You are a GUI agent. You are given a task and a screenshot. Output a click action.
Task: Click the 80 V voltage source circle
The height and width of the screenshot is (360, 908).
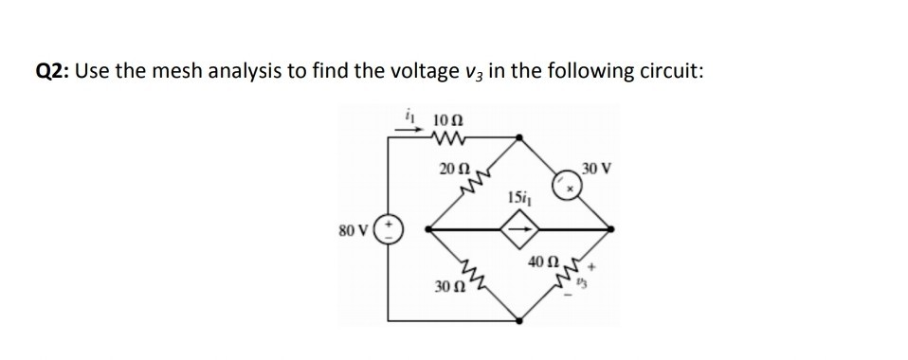coord(392,229)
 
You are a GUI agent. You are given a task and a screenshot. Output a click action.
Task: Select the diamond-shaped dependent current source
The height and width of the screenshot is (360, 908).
coord(520,228)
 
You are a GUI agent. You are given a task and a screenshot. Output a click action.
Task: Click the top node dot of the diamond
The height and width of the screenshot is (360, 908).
coord(520,139)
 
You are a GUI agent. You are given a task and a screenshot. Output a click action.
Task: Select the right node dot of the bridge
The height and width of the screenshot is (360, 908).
coord(609,229)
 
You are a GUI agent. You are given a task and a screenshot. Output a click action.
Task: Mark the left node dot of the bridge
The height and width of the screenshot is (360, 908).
coord(431,229)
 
